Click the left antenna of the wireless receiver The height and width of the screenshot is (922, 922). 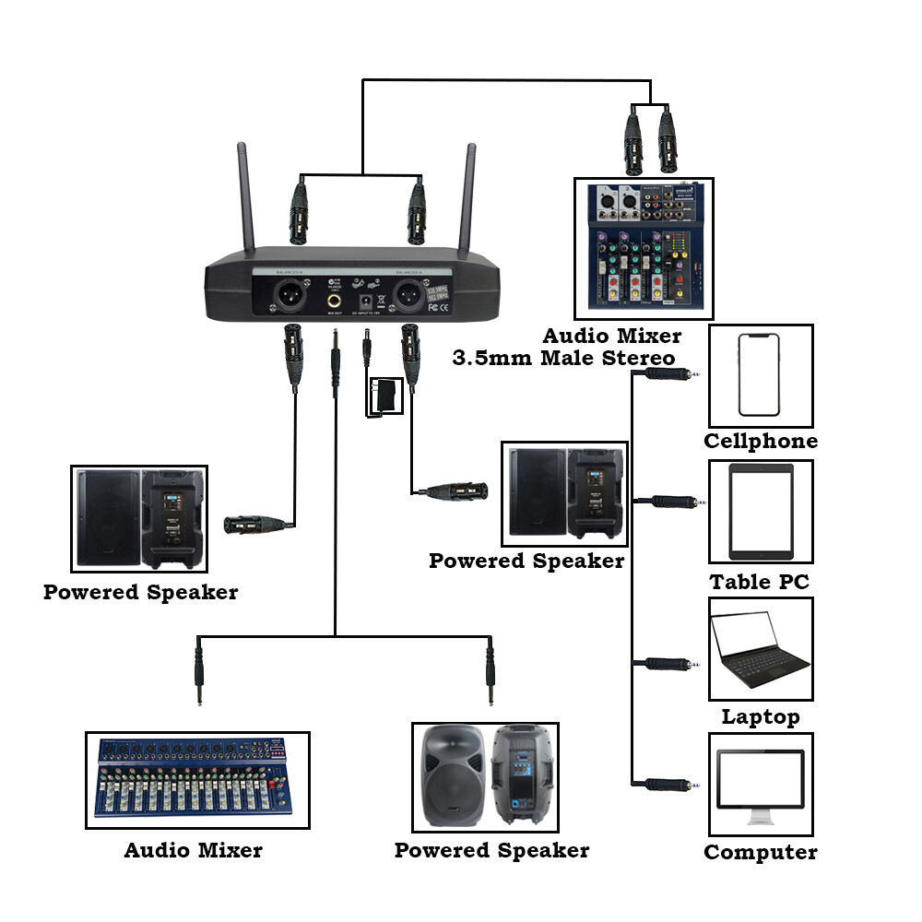pos(245,198)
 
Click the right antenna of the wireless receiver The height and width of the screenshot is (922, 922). pos(470,198)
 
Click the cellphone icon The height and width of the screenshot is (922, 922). pos(760,374)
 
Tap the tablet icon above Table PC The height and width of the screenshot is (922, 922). pos(761,511)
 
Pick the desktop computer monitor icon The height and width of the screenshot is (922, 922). pos(761,784)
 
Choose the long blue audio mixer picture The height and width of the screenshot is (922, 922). pos(197,777)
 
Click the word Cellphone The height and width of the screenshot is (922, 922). pos(761,441)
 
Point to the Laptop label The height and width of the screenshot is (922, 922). pos(761,715)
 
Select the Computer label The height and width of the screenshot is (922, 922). pos(761,852)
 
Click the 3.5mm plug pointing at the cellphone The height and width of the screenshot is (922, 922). pos(672,374)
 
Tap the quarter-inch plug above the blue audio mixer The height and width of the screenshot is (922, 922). pos(197,676)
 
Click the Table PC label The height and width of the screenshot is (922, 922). pos(761,582)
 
